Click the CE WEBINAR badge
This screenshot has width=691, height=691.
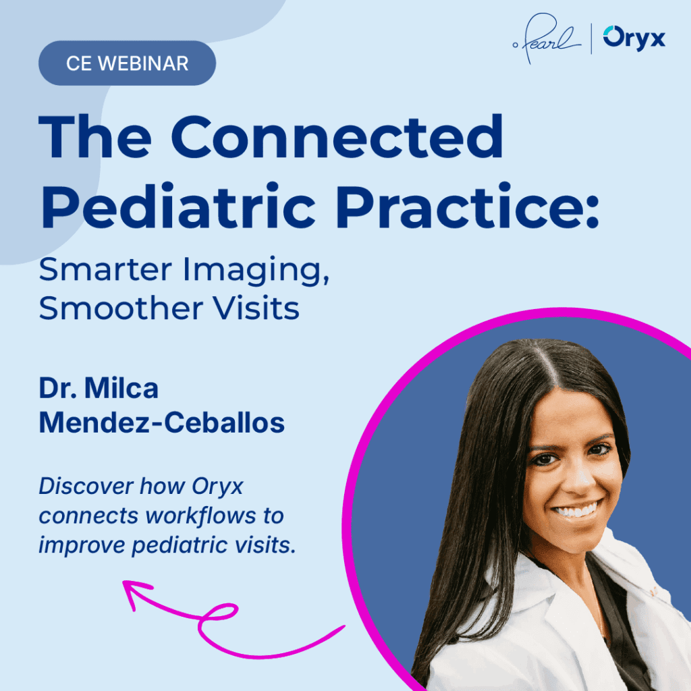127,64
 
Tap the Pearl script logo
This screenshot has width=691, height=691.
546,39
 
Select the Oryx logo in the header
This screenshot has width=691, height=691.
634,38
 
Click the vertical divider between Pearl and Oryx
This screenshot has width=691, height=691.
592,39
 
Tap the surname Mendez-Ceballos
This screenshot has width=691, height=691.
161,423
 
